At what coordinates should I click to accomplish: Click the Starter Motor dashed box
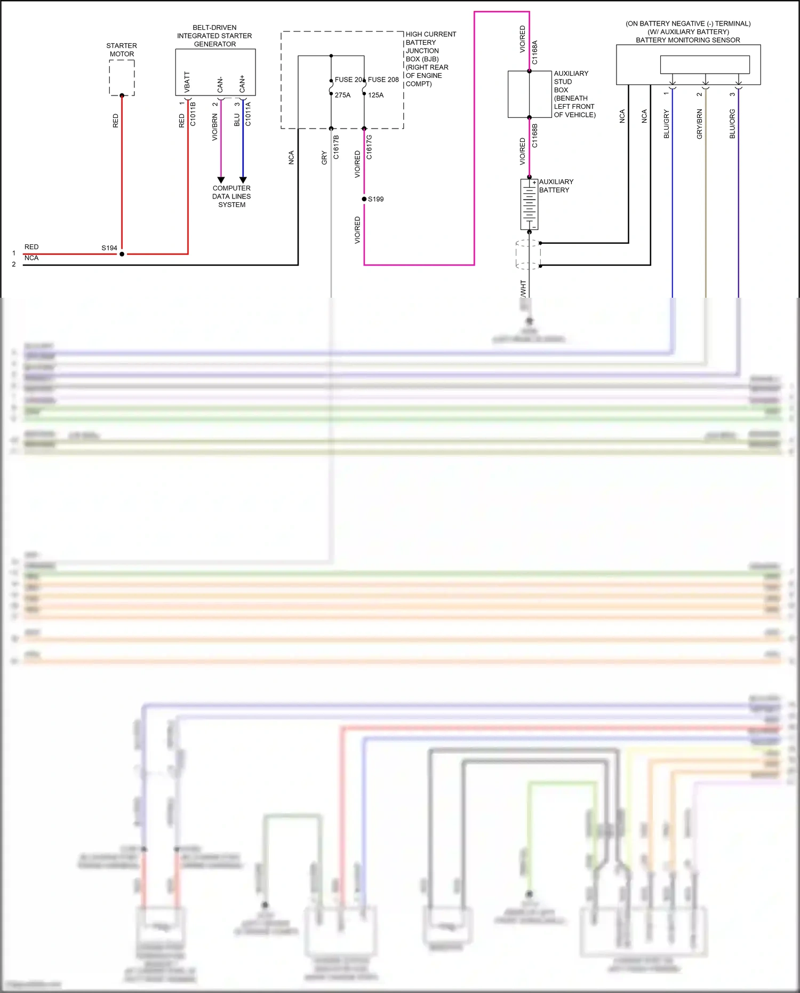pyautogui.click(x=122, y=78)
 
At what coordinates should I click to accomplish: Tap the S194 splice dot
pyautogui.click(x=122, y=254)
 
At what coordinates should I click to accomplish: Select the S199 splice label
pyautogui.click(x=375, y=199)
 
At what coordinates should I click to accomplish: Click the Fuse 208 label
pyautogui.click(x=383, y=80)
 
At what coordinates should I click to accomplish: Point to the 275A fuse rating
pyautogui.click(x=342, y=95)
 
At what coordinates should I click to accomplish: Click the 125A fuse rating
pyautogui.click(x=375, y=95)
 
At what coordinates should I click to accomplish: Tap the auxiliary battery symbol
pyautogui.click(x=529, y=204)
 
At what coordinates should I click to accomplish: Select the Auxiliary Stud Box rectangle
pyautogui.click(x=529, y=94)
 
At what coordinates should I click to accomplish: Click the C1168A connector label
pyautogui.click(x=535, y=52)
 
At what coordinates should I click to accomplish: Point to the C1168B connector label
pyautogui.click(x=535, y=136)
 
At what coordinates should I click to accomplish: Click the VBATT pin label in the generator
pyautogui.click(x=187, y=82)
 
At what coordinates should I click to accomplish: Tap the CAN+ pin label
pyautogui.click(x=243, y=83)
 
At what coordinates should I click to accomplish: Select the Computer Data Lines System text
pyautogui.click(x=231, y=196)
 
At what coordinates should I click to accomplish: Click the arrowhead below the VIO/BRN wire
pyautogui.click(x=221, y=180)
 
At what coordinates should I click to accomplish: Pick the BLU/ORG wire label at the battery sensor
pyautogui.click(x=732, y=124)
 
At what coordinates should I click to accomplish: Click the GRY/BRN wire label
pyautogui.click(x=699, y=124)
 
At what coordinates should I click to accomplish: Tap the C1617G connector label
pyautogui.click(x=370, y=147)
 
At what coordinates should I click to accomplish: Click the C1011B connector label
pyautogui.click(x=193, y=114)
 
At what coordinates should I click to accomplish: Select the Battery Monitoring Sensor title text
pyautogui.click(x=687, y=40)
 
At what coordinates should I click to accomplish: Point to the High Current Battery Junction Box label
pyautogui.click(x=430, y=59)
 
